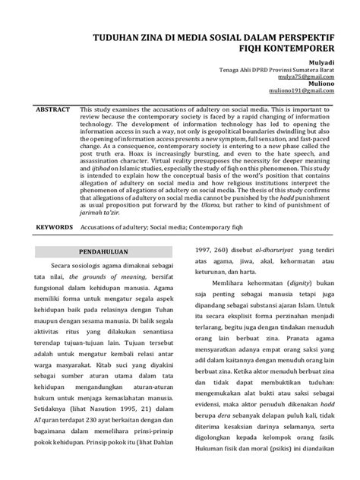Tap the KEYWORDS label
pos(49,228)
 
